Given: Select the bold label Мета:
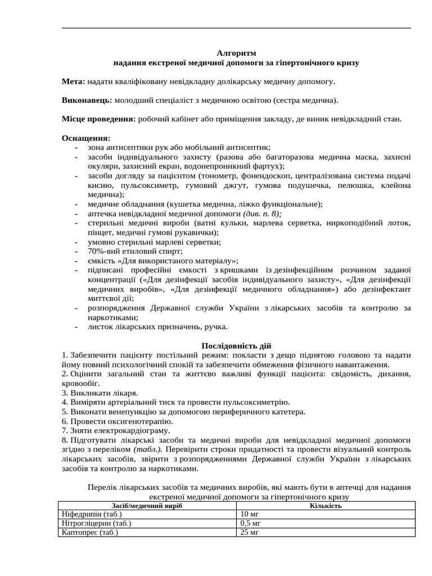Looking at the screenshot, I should (73, 82).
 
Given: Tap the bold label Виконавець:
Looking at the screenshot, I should (87, 101).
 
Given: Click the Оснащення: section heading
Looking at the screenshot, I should (86, 138).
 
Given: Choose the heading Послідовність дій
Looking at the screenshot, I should (236, 346).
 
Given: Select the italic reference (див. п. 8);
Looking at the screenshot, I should (262, 214).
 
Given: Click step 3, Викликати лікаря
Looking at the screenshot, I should (100, 393).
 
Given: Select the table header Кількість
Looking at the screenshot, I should (325, 506).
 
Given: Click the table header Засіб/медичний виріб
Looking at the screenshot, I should (147, 506).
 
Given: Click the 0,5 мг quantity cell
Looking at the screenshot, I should (250, 523).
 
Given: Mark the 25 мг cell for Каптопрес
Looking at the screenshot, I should (249, 532).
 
